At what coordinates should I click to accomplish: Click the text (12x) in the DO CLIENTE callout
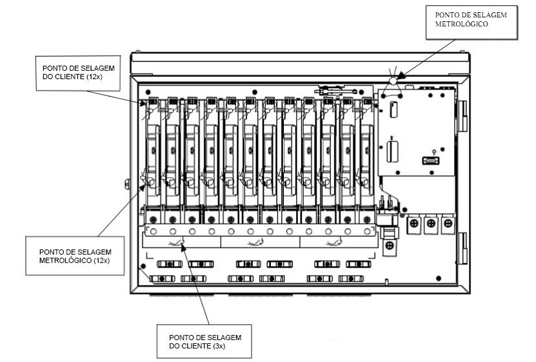click(94, 77)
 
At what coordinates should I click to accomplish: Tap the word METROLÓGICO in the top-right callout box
click(461, 24)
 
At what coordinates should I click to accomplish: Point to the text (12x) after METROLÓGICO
click(101, 261)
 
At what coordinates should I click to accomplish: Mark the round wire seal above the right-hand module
click(393, 81)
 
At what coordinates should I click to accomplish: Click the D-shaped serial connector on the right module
click(431, 160)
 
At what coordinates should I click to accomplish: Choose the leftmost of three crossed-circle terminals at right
click(414, 224)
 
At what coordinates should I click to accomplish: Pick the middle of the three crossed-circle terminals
click(431, 224)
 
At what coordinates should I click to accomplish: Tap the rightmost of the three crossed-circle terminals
click(448, 224)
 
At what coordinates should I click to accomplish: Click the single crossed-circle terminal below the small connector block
click(390, 245)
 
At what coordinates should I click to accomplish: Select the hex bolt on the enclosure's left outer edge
click(127, 184)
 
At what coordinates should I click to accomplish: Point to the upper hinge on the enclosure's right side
click(462, 116)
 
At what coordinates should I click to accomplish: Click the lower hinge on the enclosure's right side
click(462, 248)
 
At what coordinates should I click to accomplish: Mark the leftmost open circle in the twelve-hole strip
click(154, 231)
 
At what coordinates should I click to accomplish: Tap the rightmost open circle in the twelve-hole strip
click(367, 231)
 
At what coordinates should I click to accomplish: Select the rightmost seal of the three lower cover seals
click(335, 242)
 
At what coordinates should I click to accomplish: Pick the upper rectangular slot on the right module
click(394, 110)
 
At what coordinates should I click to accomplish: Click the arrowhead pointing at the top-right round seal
click(401, 75)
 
